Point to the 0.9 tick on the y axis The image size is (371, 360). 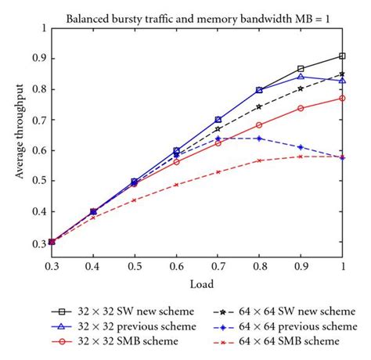pyautogui.click(x=38, y=58)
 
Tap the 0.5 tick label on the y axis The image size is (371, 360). pyautogui.click(x=38, y=181)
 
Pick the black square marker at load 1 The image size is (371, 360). pyautogui.click(x=343, y=56)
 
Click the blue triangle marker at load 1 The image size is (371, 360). pyautogui.click(x=343, y=81)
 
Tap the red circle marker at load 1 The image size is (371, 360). pyautogui.click(x=343, y=98)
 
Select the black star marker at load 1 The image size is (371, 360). pyautogui.click(x=343, y=74)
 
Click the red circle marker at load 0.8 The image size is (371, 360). pyautogui.click(x=260, y=124)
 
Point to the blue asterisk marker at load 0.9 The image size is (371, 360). pyautogui.click(x=301, y=147)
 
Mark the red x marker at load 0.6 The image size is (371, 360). pyautogui.click(x=177, y=185)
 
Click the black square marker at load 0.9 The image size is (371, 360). pyautogui.click(x=301, y=69)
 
